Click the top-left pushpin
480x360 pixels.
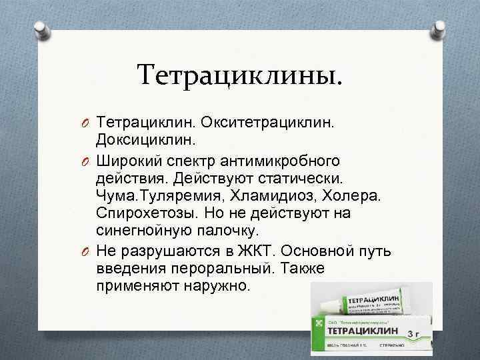pos(39,29)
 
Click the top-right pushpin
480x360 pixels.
pos(440,29)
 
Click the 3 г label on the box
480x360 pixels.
pos(414,331)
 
